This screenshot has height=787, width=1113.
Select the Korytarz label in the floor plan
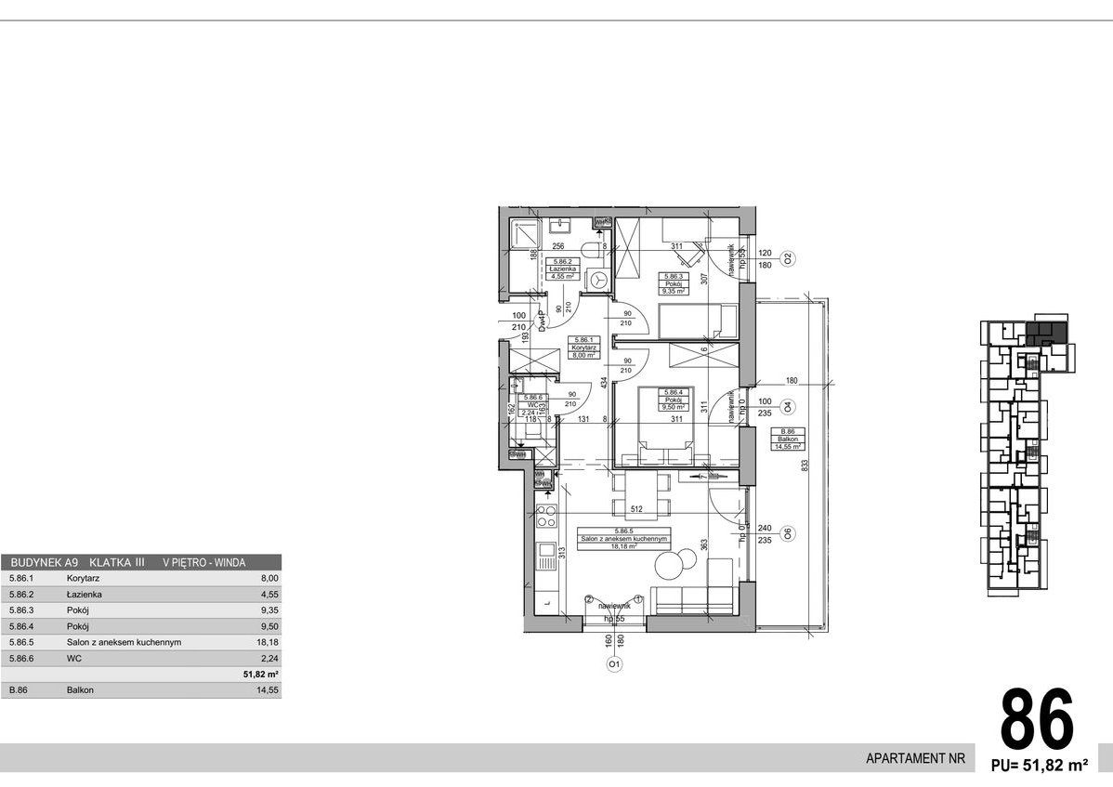point(585,346)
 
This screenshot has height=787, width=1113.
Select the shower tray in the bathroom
point(522,236)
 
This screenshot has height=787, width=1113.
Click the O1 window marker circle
point(613,664)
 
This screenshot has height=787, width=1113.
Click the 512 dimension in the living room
point(636,509)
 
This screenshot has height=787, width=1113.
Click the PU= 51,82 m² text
point(1040,767)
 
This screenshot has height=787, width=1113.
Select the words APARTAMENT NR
point(915,758)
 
